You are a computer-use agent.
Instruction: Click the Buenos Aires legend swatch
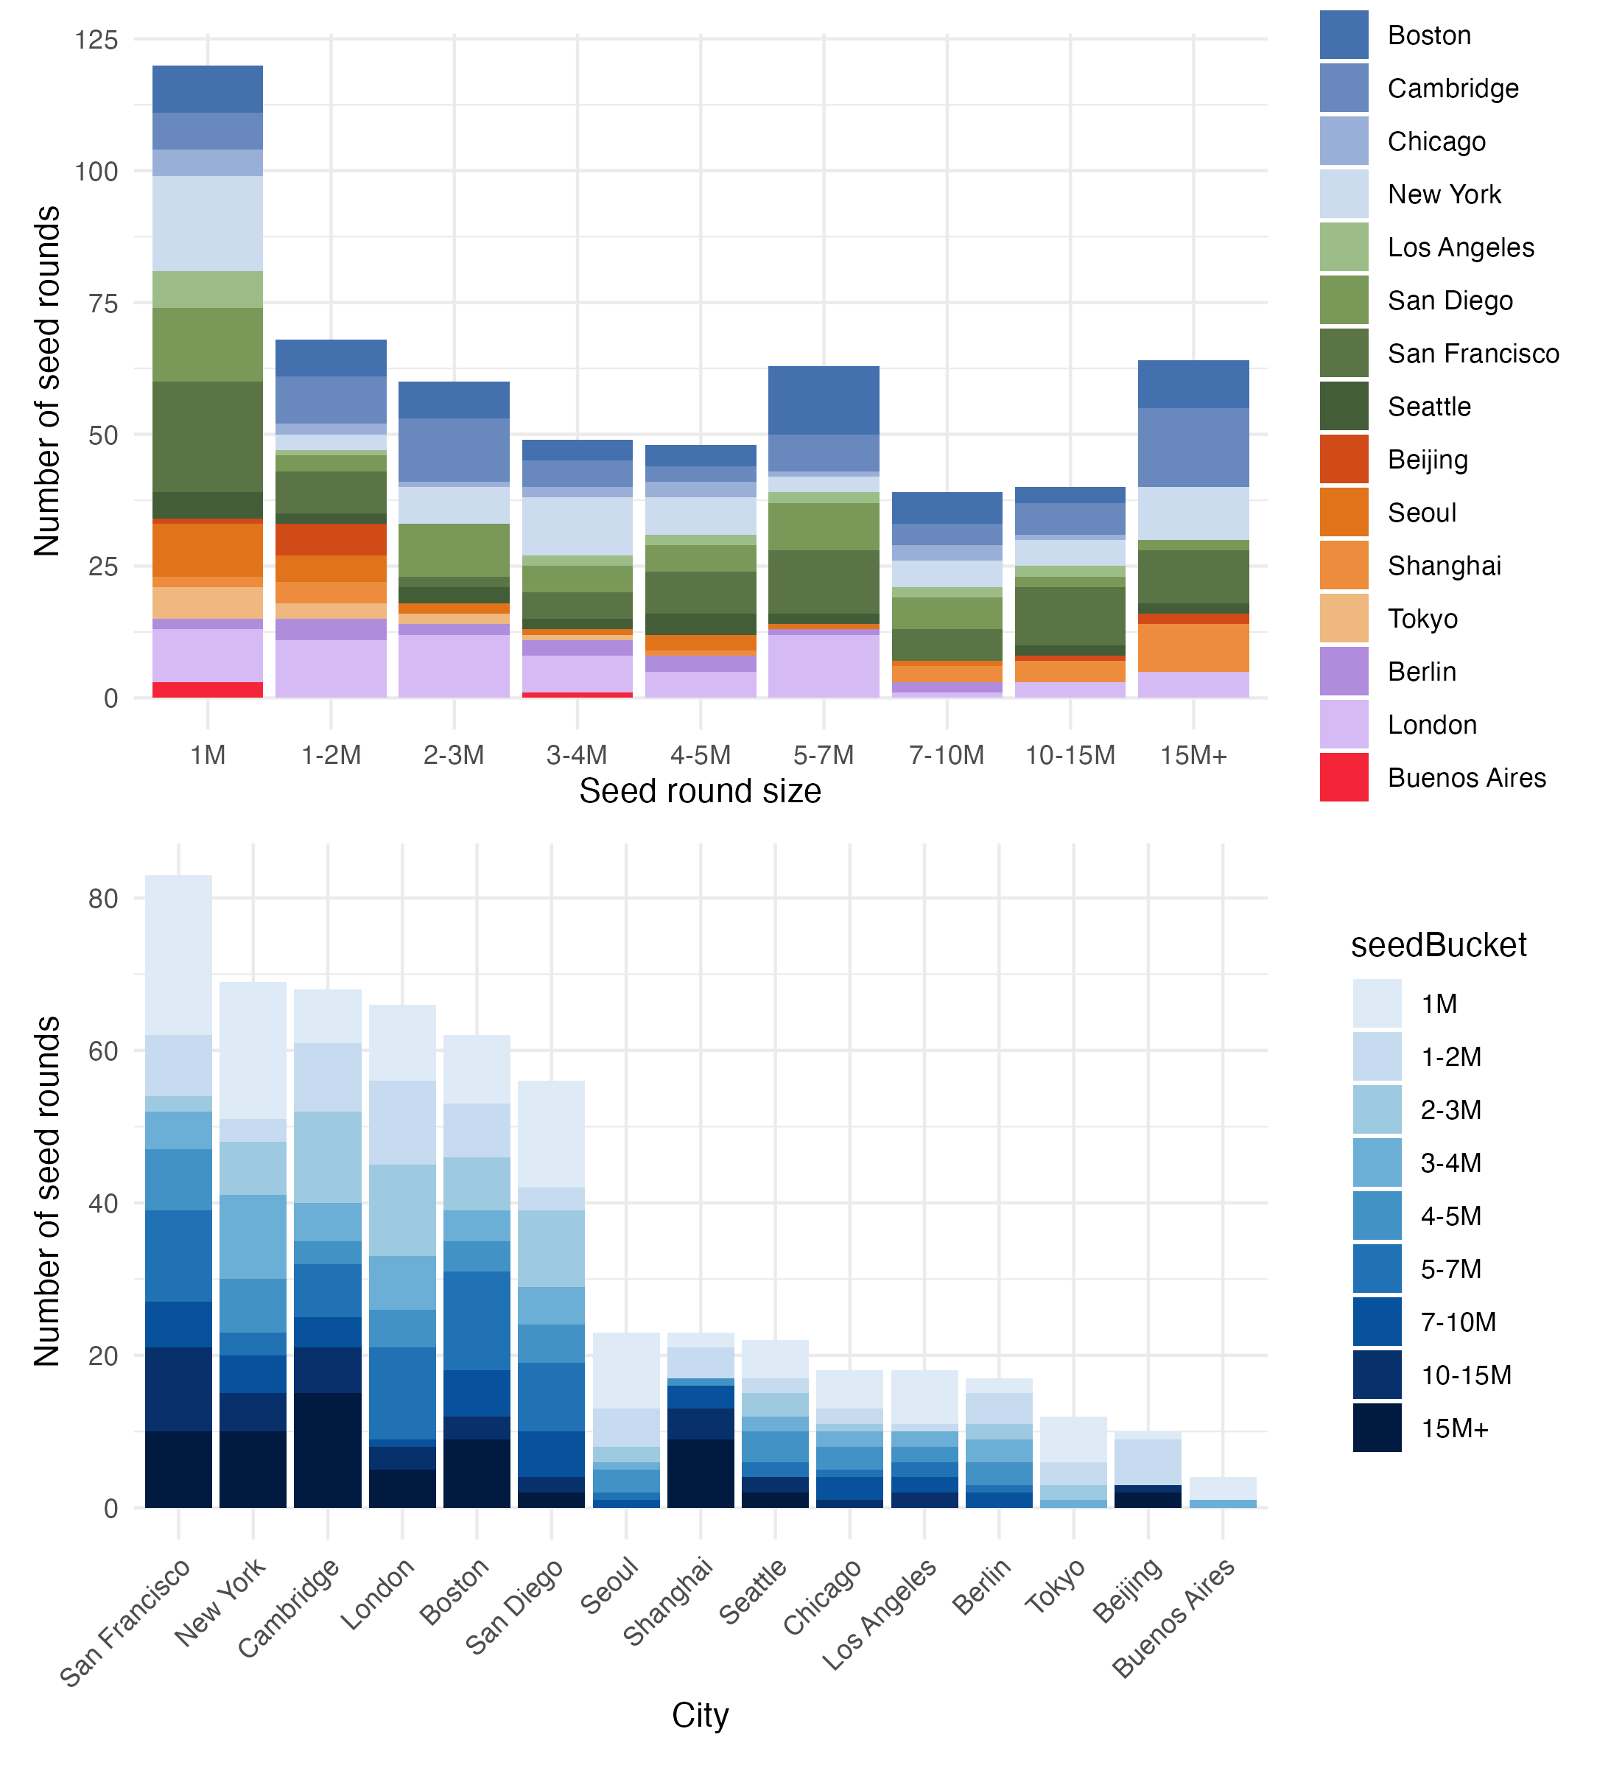point(1344,777)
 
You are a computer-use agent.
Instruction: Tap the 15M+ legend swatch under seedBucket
point(1376,1428)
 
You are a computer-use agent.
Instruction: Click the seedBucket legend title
point(1438,945)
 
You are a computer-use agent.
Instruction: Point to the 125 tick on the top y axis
point(96,40)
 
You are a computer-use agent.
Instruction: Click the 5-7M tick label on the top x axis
point(823,755)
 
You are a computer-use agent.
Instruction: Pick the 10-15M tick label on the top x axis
point(1070,755)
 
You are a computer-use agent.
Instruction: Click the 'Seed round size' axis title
point(700,791)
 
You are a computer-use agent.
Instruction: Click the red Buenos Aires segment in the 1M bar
point(208,690)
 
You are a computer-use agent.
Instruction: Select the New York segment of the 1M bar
point(208,224)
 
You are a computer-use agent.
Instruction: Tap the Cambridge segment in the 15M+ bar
point(1193,447)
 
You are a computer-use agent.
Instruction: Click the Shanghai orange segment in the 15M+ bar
point(1193,648)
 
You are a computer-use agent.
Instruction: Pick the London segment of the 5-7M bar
point(823,666)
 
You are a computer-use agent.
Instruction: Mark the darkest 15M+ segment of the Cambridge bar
point(328,1450)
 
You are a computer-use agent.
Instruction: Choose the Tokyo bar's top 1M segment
point(1073,1439)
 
